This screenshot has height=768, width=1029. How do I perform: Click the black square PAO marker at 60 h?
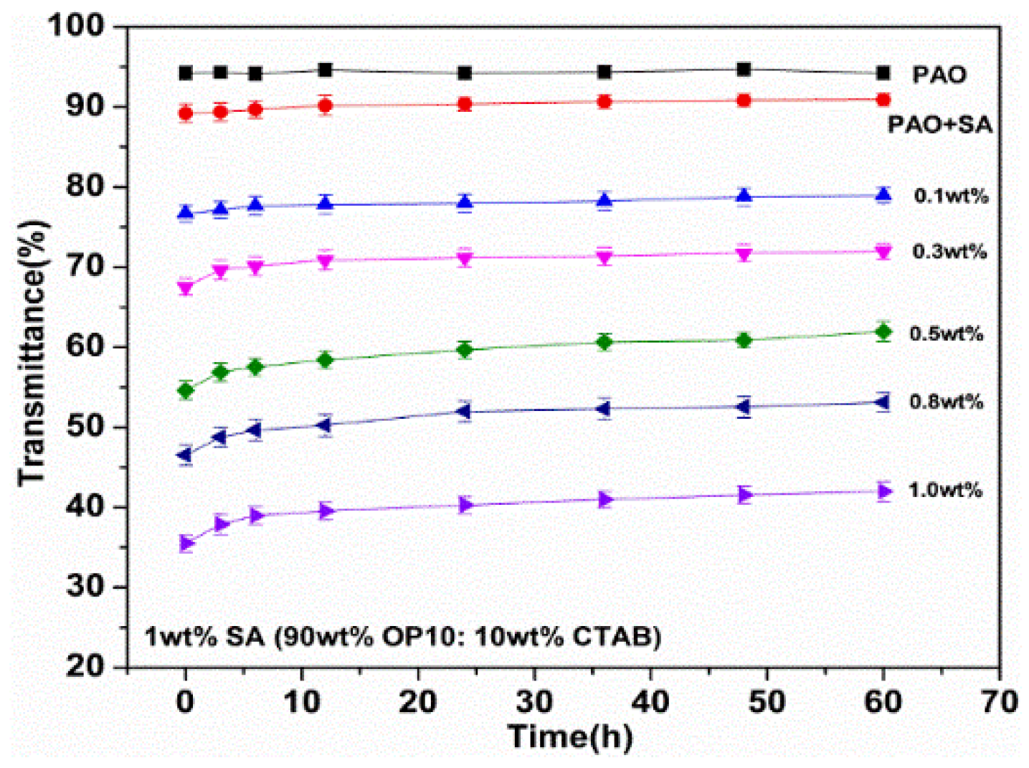tap(883, 72)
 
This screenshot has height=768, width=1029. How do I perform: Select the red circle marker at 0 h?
tap(186, 113)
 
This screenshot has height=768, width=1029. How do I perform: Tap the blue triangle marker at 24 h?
tap(465, 202)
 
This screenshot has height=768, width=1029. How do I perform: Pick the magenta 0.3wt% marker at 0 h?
tap(186, 288)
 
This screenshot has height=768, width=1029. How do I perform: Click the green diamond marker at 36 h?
tap(604, 342)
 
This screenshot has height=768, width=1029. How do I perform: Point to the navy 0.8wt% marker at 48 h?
tap(744, 407)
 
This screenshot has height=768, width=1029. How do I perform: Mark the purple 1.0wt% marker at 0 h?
tap(186, 543)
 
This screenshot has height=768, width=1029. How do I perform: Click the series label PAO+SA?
tap(939, 125)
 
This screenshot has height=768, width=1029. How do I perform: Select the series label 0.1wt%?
tap(951, 196)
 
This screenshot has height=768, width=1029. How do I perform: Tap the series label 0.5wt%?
tap(947, 333)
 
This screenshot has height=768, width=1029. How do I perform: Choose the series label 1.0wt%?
tap(945, 490)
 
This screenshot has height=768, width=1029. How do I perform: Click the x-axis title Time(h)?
tap(570, 736)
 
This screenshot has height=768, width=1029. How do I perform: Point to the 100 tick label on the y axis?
tap(75, 27)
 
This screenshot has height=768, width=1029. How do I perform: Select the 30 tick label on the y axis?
tap(85, 587)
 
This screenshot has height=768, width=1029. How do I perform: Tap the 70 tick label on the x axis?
tap(1000, 701)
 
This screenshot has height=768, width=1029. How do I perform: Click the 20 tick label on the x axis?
tap(418, 701)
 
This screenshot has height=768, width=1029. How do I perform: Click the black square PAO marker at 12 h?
tap(325, 70)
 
